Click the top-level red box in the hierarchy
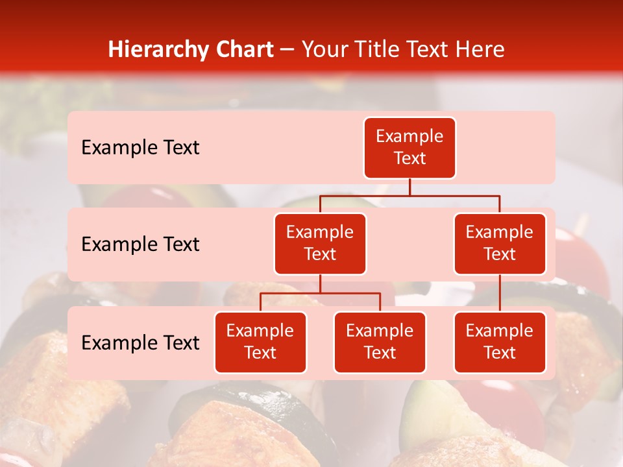pyautogui.click(x=409, y=148)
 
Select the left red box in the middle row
pyautogui.click(x=320, y=243)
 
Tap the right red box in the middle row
pyautogui.click(x=500, y=243)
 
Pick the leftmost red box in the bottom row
pyautogui.click(x=260, y=342)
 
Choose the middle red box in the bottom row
pyautogui.click(x=380, y=342)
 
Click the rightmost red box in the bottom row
pyautogui.click(x=500, y=342)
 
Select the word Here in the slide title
pyautogui.click(x=480, y=49)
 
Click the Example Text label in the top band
pyautogui.click(x=140, y=148)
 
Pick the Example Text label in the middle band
pyautogui.click(x=140, y=245)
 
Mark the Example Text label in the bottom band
pyautogui.click(x=140, y=343)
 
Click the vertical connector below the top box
pyautogui.click(x=409, y=187)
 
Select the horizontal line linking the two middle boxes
pyautogui.click(x=409, y=195)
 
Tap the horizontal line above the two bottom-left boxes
pyautogui.click(x=320, y=293)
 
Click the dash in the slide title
pyautogui.click(x=287, y=50)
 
